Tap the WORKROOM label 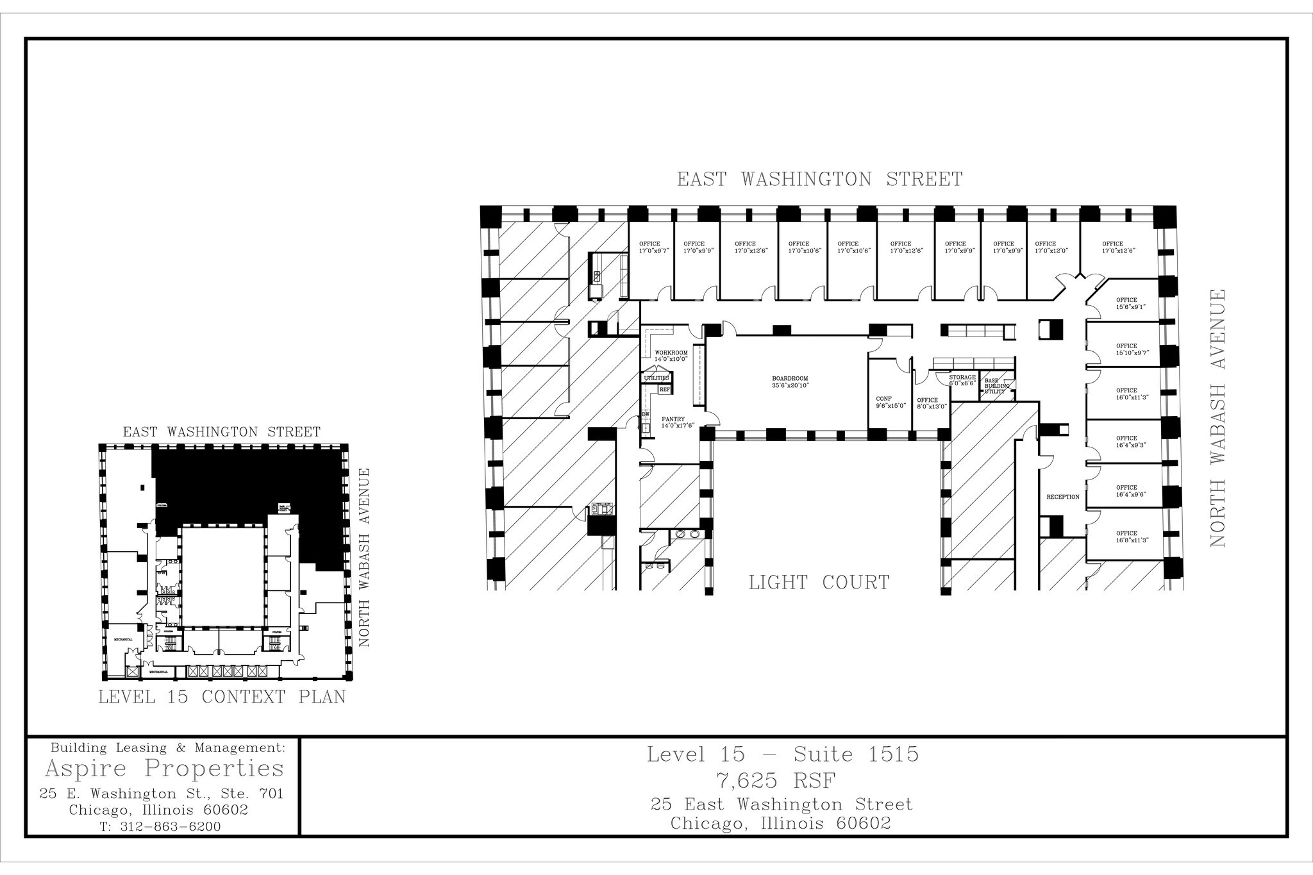(x=671, y=356)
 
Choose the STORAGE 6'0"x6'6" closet (x=962, y=380)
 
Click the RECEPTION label (x=1062, y=497)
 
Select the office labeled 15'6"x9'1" (x=1130, y=303)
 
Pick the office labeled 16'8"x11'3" (x=1131, y=537)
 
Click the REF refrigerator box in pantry (x=665, y=389)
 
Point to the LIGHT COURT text (x=819, y=583)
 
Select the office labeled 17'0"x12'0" (x=1051, y=248)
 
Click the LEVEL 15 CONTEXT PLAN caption (x=221, y=697)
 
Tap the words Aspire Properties (x=164, y=768)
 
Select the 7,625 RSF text (x=782, y=781)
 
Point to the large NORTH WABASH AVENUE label (x=1217, y=418)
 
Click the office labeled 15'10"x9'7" (x=1132, y=349)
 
